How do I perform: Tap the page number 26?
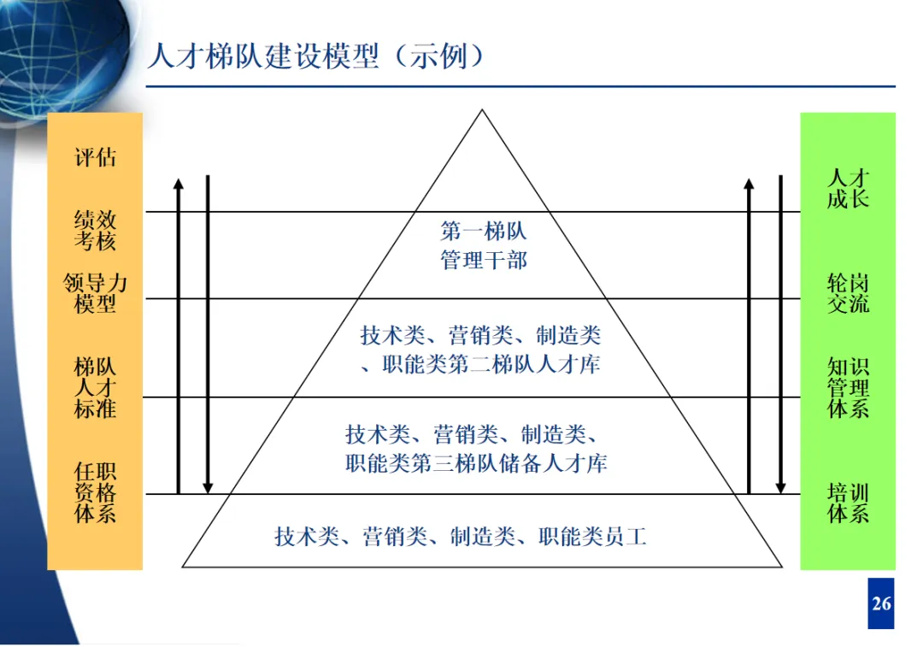point(881,604)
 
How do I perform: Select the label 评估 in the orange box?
point(95,158)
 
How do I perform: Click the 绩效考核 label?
point(95,231)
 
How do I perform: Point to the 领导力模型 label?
point(95,293)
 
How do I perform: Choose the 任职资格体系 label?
point(95,492)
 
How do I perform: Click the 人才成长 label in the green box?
point(848,189)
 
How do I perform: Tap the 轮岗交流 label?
point(848,293)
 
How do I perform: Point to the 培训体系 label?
point(848,503)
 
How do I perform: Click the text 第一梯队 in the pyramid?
point(484,231)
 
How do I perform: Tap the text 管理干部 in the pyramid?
point(484,260)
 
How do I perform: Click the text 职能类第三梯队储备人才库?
point(477,464)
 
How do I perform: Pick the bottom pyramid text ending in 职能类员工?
point(461,537)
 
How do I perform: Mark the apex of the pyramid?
point(483,112)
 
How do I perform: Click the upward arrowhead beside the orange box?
point(178,184)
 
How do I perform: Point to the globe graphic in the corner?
point(60,43)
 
